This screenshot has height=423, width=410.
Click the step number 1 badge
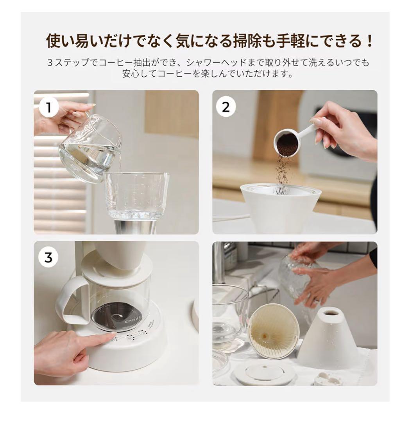point(49,107)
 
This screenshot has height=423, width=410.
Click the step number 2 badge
point(226,107)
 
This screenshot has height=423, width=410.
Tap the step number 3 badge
point(48,258)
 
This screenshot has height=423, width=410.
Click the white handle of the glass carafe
point(70,300)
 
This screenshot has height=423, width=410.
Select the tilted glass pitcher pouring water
point(88,151)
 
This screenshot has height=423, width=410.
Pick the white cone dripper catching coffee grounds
point(280,208)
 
